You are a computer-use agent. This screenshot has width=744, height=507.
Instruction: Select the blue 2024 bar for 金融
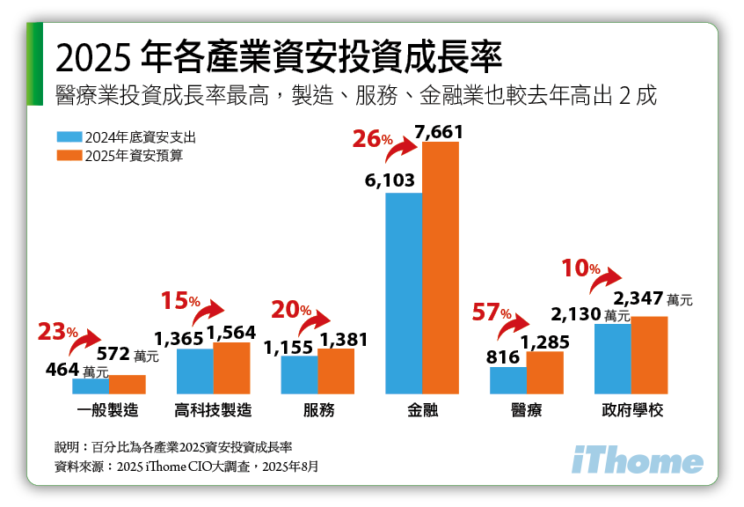point(404,292)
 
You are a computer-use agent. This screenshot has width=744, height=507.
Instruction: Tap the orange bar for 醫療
point(544,372)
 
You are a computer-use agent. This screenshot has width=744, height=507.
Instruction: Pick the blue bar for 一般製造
point(90,386)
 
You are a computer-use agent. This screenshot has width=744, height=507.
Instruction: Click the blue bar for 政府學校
point(612,358)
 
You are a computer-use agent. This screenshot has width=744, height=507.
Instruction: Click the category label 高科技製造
point(214,410)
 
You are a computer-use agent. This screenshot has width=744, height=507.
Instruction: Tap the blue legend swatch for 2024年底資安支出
point(69,137)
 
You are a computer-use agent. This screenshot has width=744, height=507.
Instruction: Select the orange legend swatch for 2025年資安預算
point(69,156)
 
